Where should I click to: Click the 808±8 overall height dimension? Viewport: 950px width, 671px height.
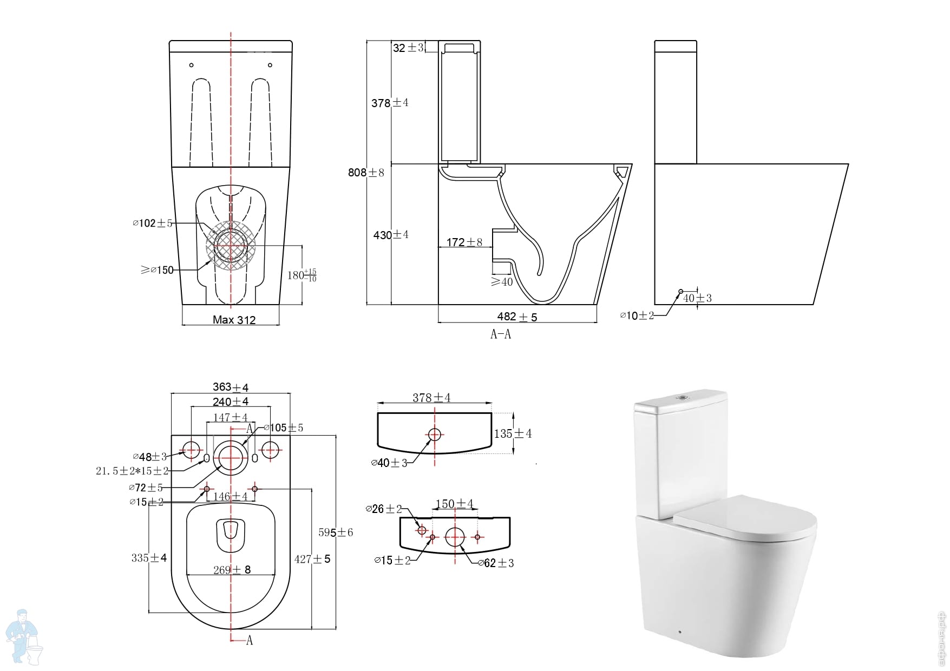pyautogui.click(x=366, y=173)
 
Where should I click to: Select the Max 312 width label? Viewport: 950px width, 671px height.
pyautogui.click(x=234, y=320)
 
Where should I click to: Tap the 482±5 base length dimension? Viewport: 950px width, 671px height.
pyautogui.click(x=517, y=317)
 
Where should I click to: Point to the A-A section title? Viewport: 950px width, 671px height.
pyautogui.click(x=501, y=334)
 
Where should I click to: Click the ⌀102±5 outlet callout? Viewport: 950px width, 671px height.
pyautogui.click(x=153, y=223)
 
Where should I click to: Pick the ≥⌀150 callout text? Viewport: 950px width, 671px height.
pyautogui.click(x=157, y=270)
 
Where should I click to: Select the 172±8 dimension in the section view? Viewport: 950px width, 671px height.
pyautogui.click(x=464, y=242)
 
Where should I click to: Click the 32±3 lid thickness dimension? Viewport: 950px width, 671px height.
pyautogui.click(x=408, y=48)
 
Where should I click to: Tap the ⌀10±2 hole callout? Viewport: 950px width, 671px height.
pyautogui.click(x=637, y=315)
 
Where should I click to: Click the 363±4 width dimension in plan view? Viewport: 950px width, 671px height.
pyautogui.click(x=231, y=387)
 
